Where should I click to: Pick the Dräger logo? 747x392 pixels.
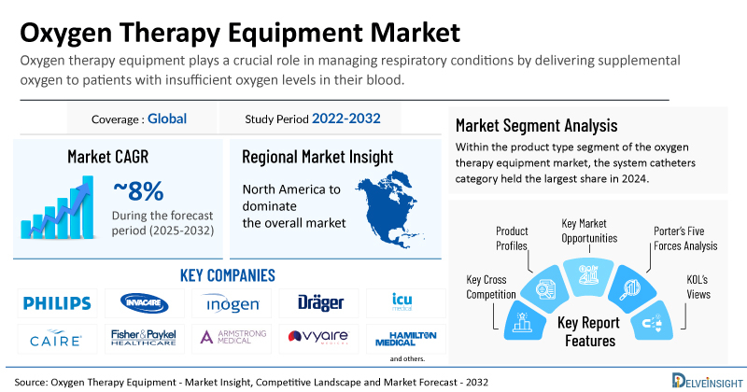[x=320, y=302]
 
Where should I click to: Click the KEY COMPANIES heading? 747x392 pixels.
[x=227, y=275]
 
